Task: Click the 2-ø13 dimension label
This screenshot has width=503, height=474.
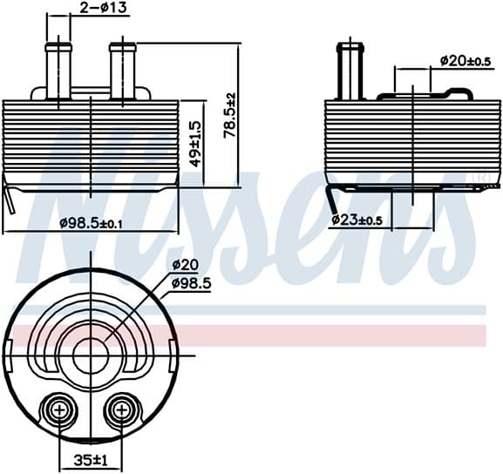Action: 103,8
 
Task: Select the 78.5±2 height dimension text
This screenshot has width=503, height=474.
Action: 230,116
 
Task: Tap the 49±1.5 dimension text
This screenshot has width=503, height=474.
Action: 195,144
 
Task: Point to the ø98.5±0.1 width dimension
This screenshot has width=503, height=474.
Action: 92,223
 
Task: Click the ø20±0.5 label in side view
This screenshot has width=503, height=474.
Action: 466,61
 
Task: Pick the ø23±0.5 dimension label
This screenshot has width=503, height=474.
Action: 357,220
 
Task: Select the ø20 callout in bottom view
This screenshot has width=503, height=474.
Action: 186,265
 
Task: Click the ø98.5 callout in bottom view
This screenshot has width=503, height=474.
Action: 192,283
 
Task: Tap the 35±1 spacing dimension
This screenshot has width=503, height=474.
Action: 91,461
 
